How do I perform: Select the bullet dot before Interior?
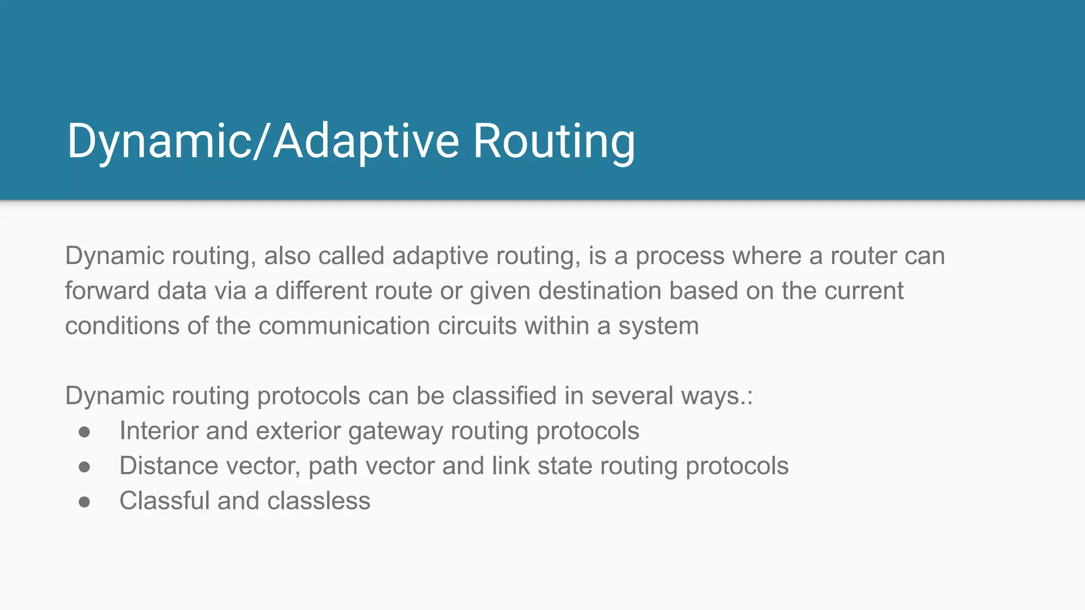84,432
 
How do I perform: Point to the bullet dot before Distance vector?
84,467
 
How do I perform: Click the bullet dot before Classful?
84,501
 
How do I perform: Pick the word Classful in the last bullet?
164,501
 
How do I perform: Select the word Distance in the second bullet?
168,466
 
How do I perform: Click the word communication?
344,326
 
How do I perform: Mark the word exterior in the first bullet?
298,431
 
